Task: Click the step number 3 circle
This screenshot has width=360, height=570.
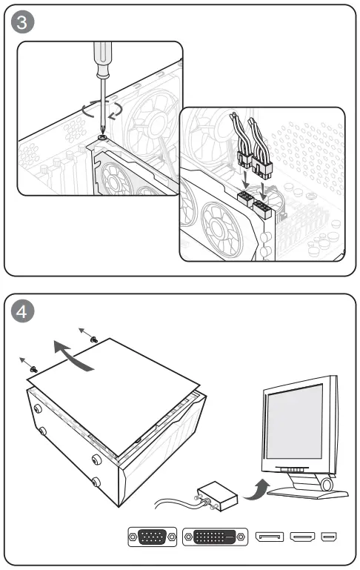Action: (x=22, y=21)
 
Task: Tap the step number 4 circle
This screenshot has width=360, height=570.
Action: (x=22, y=311)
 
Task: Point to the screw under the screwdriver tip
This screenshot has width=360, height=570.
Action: (x=102, y=137)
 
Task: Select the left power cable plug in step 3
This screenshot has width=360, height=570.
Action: (x=244, y=159)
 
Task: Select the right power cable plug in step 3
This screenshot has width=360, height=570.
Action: (x=262, y=168)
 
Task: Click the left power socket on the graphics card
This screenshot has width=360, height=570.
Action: (x=245, y=199)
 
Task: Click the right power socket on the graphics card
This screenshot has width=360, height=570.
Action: (x=262, y=209)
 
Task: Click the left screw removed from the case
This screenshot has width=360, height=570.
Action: (x=34, y=369)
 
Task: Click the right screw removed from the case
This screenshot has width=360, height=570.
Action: (x=94, y=339)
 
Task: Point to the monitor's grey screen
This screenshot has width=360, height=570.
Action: (x=295, y=422)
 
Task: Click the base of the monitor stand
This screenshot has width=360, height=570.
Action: (x=307, y=493)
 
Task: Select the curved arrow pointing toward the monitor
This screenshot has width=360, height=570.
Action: (x=256, y=489)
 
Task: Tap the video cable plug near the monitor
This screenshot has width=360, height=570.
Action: (x=217, y=496)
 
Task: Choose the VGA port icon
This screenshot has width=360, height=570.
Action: (x=152, y=537)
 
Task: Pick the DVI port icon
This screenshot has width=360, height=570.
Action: (x=215, y=537)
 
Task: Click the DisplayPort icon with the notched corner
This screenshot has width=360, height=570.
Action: (x=270, y=537)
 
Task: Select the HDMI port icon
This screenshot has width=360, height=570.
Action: (x=302, y=537)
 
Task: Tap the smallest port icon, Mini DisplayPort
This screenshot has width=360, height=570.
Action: (x=329, y=537)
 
